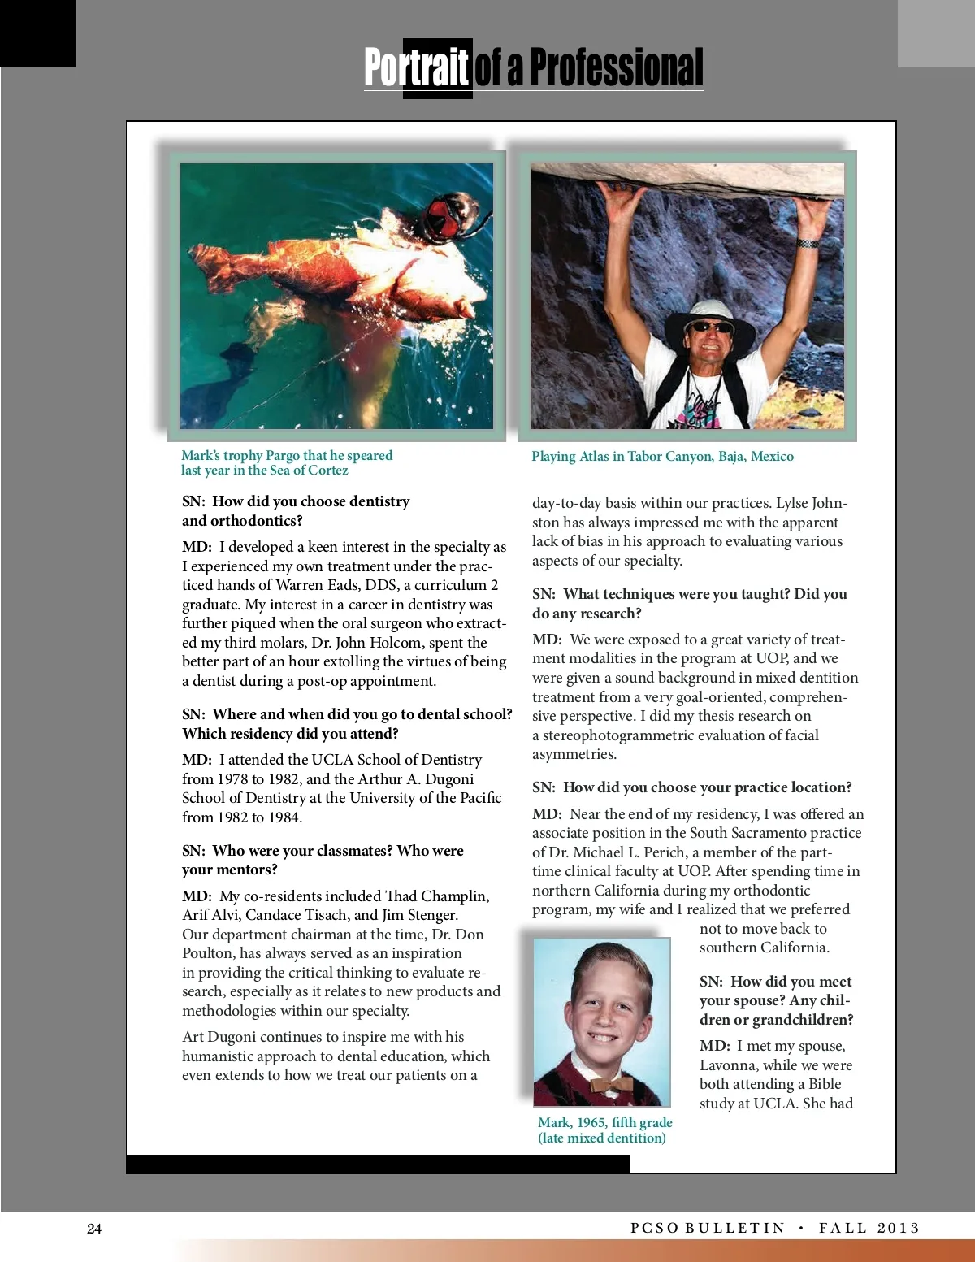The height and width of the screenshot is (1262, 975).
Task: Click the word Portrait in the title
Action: [x=417, y=67]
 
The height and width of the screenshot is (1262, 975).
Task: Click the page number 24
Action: [x=94, y=1229]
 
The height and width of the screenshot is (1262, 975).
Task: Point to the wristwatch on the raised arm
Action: [x=807, y=243]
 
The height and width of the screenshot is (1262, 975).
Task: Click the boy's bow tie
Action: [x=611, y=1085]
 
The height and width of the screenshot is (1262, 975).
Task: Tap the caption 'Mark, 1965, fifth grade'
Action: [x=604, y=1122]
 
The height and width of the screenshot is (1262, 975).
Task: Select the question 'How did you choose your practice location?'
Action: [x=707, y=787]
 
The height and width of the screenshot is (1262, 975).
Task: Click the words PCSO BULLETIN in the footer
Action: [x=708, y=1229]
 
